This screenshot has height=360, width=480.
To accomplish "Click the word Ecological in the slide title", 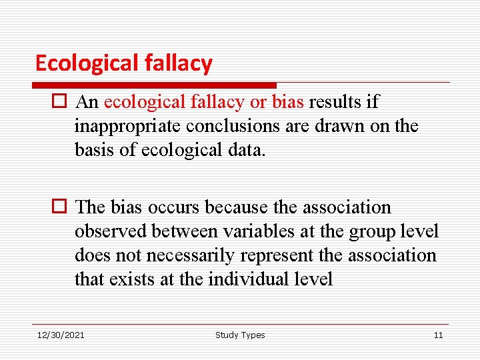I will coord(87,63).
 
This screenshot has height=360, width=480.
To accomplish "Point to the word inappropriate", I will coord(127,126).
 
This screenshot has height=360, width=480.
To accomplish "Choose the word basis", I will coord(94,150).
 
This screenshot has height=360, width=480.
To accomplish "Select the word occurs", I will coord(175,207).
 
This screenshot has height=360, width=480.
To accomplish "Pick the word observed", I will coord(111,231).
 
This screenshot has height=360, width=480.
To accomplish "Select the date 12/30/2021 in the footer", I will coord(61,335).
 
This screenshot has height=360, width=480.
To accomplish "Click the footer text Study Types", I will coord(240,335).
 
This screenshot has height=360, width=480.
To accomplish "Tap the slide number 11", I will coord(438,335).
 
